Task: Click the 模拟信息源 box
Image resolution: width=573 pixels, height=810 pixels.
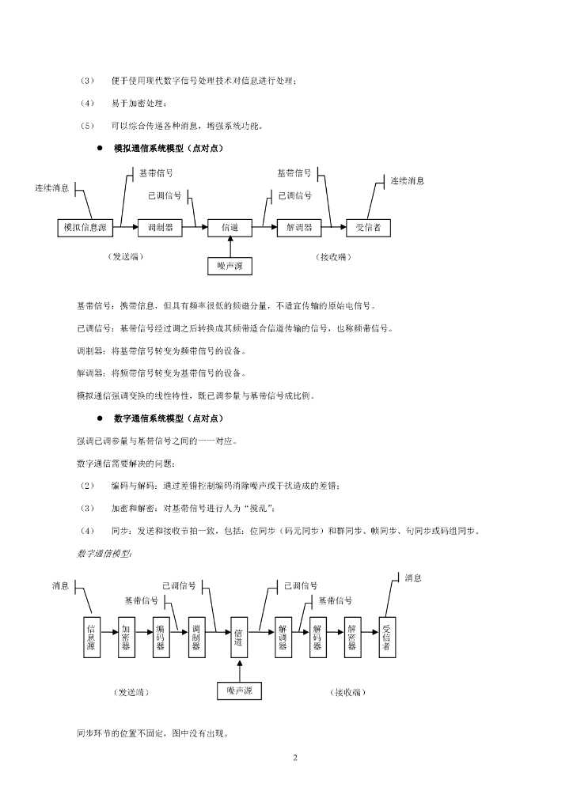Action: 85,228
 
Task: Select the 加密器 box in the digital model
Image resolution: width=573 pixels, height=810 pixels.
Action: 125,635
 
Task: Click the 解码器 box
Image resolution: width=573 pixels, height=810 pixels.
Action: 317,635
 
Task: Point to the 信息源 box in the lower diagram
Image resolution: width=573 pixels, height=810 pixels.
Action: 90,635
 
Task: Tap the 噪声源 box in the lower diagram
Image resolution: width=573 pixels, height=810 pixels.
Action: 240,691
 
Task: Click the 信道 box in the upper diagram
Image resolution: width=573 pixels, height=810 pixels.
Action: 230,228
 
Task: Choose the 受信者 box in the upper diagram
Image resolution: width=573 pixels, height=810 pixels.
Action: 369,228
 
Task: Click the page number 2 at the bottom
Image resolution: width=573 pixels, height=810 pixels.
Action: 295,759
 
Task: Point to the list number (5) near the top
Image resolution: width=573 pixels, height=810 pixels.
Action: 87,125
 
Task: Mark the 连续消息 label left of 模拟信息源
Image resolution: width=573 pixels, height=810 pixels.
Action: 52,188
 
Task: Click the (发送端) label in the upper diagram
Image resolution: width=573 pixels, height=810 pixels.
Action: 126,256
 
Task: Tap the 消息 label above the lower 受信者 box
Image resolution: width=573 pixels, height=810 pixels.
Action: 413,578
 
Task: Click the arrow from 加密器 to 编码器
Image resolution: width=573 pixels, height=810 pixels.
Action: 143,633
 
